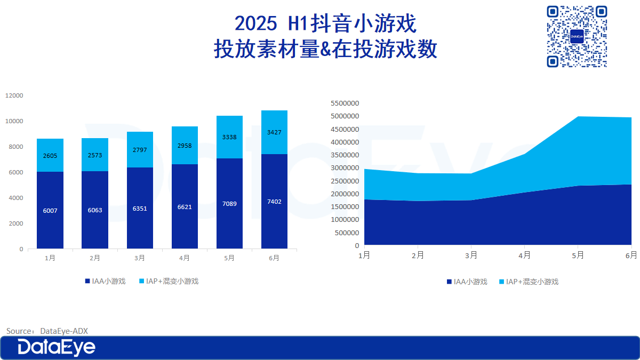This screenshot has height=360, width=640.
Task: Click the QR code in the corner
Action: (x=577, y=36)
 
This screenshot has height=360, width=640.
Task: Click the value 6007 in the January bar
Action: (x=50, y=211)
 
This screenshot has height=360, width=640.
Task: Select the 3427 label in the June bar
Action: (x=274, y=132)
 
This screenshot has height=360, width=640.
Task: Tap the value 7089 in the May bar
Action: (x=229, y=204)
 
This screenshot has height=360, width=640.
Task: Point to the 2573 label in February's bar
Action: (x=95, y=155)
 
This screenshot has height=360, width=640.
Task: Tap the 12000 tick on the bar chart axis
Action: (x=14, y=95)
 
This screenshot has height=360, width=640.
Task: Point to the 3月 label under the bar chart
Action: (x=140, y=258)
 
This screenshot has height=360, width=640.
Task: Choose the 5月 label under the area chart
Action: (x=578, y=255)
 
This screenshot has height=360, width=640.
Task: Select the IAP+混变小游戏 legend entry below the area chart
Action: (x=529, y=282)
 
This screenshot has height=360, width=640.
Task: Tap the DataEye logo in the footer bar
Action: (x=57, y=348)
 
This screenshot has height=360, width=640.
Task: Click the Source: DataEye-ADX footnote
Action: (x=47, y=331)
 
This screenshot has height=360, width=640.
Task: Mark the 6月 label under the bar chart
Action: (x=274, y=258)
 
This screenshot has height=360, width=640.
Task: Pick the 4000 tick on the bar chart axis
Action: (x=16, y=198)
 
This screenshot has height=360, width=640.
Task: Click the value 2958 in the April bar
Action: (x=185, y=146)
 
